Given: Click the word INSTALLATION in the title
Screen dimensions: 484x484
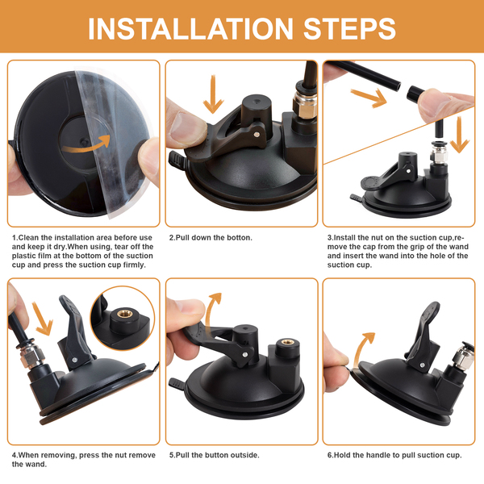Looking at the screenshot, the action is click(190, 29).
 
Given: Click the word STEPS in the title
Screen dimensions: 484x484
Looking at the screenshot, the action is click(349, 29).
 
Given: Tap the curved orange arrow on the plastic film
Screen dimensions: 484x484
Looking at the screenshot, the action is click(86, 144).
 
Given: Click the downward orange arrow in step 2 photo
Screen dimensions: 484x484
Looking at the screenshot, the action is click(213, 94).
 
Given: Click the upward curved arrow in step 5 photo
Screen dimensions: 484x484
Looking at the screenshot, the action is click(213, 311).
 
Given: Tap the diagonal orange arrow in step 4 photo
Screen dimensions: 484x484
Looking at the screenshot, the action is click(42, 318).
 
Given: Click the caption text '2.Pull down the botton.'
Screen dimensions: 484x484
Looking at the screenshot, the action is click(211, 238).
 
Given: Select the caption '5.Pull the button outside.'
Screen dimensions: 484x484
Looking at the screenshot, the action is click(215, 455).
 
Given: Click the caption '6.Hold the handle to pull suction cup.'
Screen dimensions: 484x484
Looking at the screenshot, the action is click(394, 455).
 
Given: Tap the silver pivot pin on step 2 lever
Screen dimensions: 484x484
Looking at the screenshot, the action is click(257, 134).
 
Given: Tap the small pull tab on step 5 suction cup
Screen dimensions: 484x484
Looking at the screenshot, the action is click(176, 382).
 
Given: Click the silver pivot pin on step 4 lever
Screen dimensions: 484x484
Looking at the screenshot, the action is click(75, 360).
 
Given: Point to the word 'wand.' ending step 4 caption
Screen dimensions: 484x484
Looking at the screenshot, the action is click(38, 465).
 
